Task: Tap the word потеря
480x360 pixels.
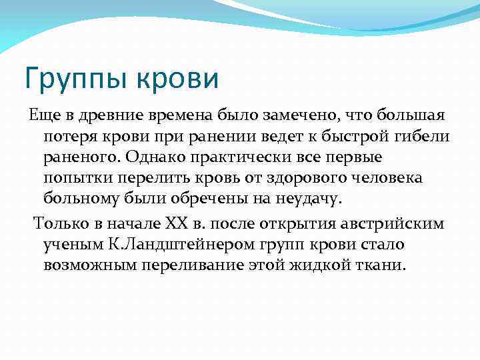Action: pos(69,137)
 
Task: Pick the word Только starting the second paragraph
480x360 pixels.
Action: pos(59,223)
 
